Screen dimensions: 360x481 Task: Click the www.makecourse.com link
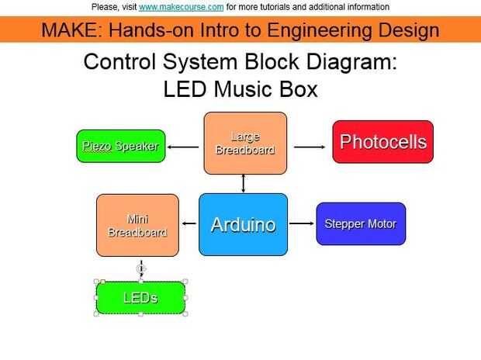[182, 7]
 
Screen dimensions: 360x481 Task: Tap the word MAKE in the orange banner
[69, 30]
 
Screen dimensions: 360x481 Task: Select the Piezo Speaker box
[121, 146]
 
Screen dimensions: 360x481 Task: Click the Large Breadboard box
[245, 143]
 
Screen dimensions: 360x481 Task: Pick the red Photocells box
[382, 142]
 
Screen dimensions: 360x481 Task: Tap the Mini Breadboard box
[137, 225]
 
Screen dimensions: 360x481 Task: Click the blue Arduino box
[243, 225]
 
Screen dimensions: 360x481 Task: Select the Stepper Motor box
[361, 224]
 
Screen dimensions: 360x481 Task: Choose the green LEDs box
[140, 298]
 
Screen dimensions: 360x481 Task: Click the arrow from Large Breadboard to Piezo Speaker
[183, 146]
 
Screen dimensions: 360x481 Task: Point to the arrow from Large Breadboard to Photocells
[310, 146]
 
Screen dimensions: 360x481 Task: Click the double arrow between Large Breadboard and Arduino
[244, 184]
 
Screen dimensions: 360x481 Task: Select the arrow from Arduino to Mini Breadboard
[189, 225]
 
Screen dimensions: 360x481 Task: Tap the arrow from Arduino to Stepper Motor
[301, 225]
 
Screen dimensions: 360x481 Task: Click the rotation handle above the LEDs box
[140, 268]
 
